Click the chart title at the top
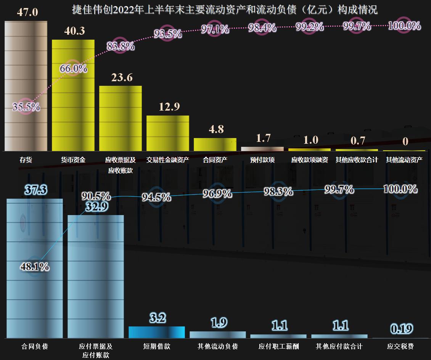[x=225, y=10]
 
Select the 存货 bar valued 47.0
[x=26, y=86]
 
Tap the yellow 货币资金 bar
[x=73, y=95]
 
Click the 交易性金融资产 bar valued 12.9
[x=168, y=133]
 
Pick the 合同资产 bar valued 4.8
[x=215, y=145]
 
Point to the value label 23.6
[x=122, y=77]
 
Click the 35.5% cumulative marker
[x=26, y=107]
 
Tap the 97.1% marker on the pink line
[x=215, y=29]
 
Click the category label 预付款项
[x=262, y=160]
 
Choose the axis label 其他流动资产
[x=404, y=160]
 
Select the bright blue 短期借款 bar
[x=157, y=332]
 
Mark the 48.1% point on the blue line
[x=34, y=267]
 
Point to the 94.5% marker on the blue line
[x=156, y=197]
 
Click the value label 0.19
[x=402, y=329]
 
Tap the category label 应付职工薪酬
[x=279, y=347]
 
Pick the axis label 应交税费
[x=400, y=347]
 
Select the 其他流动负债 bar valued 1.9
[x=218, y=335]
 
